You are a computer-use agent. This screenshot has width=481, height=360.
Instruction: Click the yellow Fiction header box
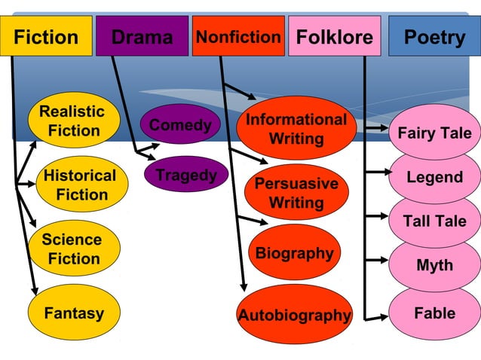pos(46,36)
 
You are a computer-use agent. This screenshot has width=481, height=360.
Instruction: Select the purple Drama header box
pos(142,36)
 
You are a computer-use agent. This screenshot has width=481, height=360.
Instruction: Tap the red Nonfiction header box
pos(238,36)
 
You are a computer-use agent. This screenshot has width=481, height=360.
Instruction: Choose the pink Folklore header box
pos(335,36)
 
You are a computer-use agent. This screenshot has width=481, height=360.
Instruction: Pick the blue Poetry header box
pos(434,36)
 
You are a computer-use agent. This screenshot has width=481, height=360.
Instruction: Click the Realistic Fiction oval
pos(73,121)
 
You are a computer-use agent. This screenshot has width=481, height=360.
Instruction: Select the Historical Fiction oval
pos(79,185)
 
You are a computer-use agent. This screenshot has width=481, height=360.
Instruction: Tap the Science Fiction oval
pos(73,249)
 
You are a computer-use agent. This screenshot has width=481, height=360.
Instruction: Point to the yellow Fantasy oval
pos(73,312)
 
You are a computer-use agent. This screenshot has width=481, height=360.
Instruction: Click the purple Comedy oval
pos(180,125)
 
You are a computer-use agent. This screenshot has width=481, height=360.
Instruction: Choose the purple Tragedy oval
pos(185,175)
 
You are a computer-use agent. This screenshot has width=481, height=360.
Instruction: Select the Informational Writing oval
pos(296,129)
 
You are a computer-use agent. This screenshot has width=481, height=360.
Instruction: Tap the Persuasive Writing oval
pos(296,193)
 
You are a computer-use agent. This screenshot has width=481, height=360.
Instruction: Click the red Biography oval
pos(294,253)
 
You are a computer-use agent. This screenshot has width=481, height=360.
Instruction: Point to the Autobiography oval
pos(295,315)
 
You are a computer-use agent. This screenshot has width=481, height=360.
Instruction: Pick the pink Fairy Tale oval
pos(434,133)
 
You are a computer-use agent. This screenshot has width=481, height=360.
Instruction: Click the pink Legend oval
pos(434,178)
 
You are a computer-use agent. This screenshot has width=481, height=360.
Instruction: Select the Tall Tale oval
pos(434,221)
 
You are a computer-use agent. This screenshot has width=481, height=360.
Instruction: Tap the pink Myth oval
pos(434,265)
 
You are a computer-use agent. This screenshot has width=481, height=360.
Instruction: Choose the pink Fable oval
pos(434,313)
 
